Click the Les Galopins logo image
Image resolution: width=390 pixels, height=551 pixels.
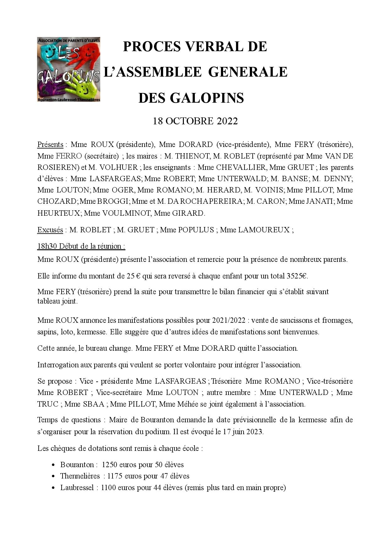click(x=69, y=70)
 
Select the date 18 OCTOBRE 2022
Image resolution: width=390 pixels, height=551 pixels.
click(x=195, y=121)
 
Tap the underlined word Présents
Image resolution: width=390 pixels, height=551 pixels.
click(x=50, y=144)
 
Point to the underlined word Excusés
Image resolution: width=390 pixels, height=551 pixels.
click(x=50, y=230)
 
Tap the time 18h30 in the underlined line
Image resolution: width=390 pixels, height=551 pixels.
click(x=47, y=246)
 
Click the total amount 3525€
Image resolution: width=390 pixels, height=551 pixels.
click(x=297, y=276)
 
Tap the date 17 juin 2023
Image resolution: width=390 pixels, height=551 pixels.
click(x=243, y=431)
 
